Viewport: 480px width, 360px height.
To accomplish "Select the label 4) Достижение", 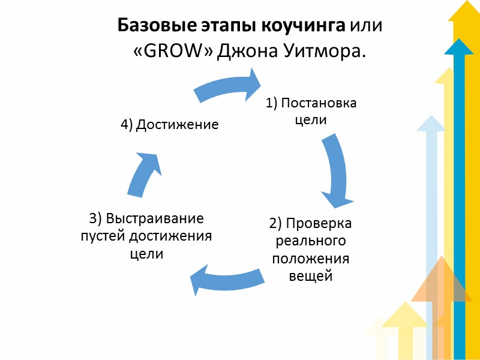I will pos(169,125).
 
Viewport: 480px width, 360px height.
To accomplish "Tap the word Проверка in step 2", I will pos(319,224).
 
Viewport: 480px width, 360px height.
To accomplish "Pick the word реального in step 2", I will pos(310,241).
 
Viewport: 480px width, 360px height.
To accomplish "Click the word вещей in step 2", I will pos(310,277).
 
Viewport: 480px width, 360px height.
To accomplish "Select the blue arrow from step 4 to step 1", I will pos(228,87).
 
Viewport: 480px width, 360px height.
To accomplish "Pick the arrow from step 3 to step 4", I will pos(144,174).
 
